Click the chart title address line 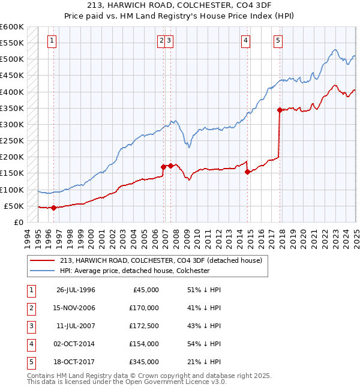180,7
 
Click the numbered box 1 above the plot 53,41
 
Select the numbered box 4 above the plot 246,41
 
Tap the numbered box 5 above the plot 278,41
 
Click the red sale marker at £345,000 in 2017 280,110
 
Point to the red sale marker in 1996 53,208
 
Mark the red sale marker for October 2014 248,172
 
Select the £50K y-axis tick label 14,206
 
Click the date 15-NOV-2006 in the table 76,308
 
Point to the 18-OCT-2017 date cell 76,362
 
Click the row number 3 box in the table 30,326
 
